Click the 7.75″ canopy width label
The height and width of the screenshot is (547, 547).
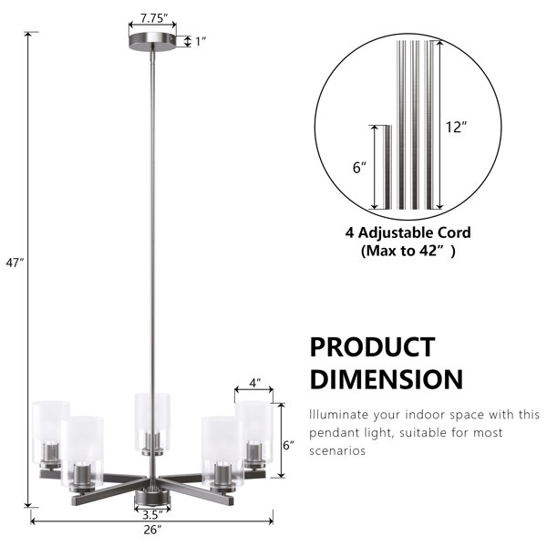(x=154, y=18)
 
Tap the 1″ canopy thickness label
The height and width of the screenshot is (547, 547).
(x=201, y=42)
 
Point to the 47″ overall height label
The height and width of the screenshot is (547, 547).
(x=15, y=263)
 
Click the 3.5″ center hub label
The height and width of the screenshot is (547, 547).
(x=153, y=514)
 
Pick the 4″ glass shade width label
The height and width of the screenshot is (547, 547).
(x=255, y=383)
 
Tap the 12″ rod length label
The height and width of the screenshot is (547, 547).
(x=456, y=127)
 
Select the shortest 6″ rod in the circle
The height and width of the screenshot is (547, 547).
(x=387, y=167)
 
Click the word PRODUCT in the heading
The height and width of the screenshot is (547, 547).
(x=372, y=347)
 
